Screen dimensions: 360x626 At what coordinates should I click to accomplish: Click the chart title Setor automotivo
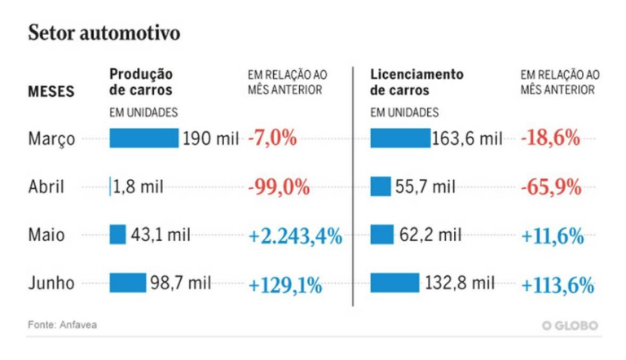click(x=104, y=33)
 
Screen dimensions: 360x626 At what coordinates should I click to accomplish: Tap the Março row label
click(x=51, y=138)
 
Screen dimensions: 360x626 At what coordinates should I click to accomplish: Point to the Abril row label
click(x=47, y=187)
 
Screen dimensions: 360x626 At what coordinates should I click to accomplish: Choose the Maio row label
click(x=46, y=236)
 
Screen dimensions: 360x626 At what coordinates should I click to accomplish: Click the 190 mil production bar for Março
click(x=143, y=138)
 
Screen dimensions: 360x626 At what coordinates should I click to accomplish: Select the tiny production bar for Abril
click(x=110, y=187)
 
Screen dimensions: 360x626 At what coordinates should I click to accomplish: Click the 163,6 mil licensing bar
click(x=399, y=138)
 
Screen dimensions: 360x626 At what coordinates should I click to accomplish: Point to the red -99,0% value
click(x=279, y=187)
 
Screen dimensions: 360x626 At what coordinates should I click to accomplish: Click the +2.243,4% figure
click(x=295, y=236)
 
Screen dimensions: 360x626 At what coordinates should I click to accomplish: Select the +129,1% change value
click(x=285, y=284)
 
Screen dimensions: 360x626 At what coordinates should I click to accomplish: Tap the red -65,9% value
click(x=550, y=187)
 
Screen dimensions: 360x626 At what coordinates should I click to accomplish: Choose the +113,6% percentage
click(x=556, y=284)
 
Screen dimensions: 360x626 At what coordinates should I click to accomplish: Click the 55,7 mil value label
click(x=425, y=187)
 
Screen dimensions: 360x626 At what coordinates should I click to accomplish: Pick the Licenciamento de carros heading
click(x=417, y=81)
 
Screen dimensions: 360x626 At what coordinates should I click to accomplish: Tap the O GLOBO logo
click(x=571, y=326)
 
